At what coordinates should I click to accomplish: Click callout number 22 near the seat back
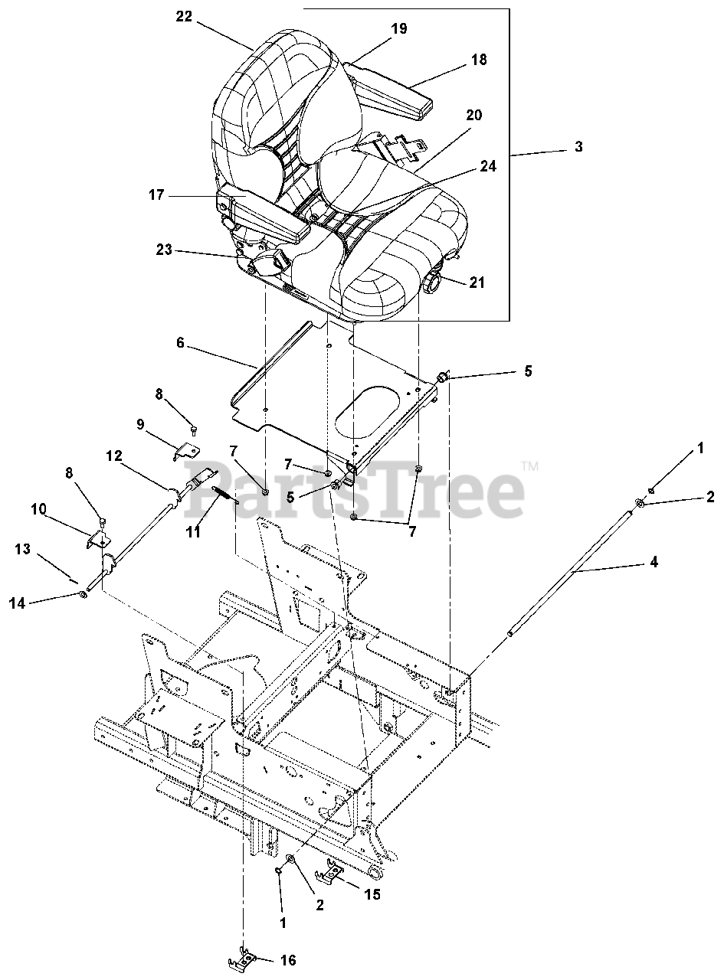point(184,17)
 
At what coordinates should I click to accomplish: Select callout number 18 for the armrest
point(479,59)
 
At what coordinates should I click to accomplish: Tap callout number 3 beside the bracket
point(578,146)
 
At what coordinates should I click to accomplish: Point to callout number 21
point(477,283)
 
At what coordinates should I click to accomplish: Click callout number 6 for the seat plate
point(180,343)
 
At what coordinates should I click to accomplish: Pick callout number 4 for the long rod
point(653,562)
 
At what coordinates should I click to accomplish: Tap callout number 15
point(372,893)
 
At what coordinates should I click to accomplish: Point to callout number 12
point(114,456)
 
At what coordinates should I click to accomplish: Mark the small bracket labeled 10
point(97,540)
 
